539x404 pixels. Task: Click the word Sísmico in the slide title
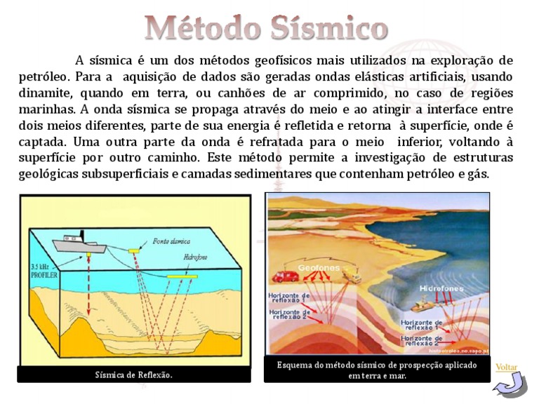click(327, 28)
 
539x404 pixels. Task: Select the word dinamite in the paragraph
click(48, 93)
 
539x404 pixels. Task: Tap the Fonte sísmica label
click(171, 241)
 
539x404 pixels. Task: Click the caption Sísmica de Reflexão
click(133, 375)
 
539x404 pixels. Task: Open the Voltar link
click(505, 367)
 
